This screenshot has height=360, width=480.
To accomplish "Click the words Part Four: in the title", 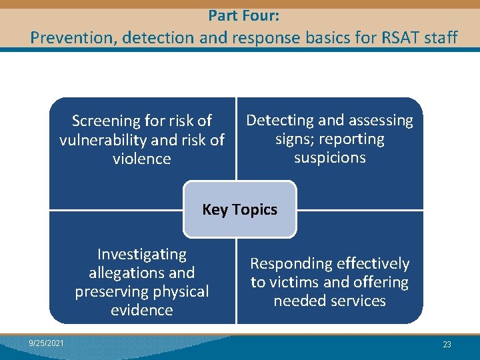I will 239,14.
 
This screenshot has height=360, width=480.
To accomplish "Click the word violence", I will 142,159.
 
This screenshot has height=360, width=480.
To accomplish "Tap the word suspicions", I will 329,158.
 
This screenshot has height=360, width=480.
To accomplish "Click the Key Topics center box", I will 239,209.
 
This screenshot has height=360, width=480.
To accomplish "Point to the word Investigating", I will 142,254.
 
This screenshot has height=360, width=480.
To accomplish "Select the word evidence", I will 142,310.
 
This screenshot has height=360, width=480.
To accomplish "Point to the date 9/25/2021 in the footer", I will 47,343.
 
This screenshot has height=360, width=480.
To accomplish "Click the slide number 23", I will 447,345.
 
